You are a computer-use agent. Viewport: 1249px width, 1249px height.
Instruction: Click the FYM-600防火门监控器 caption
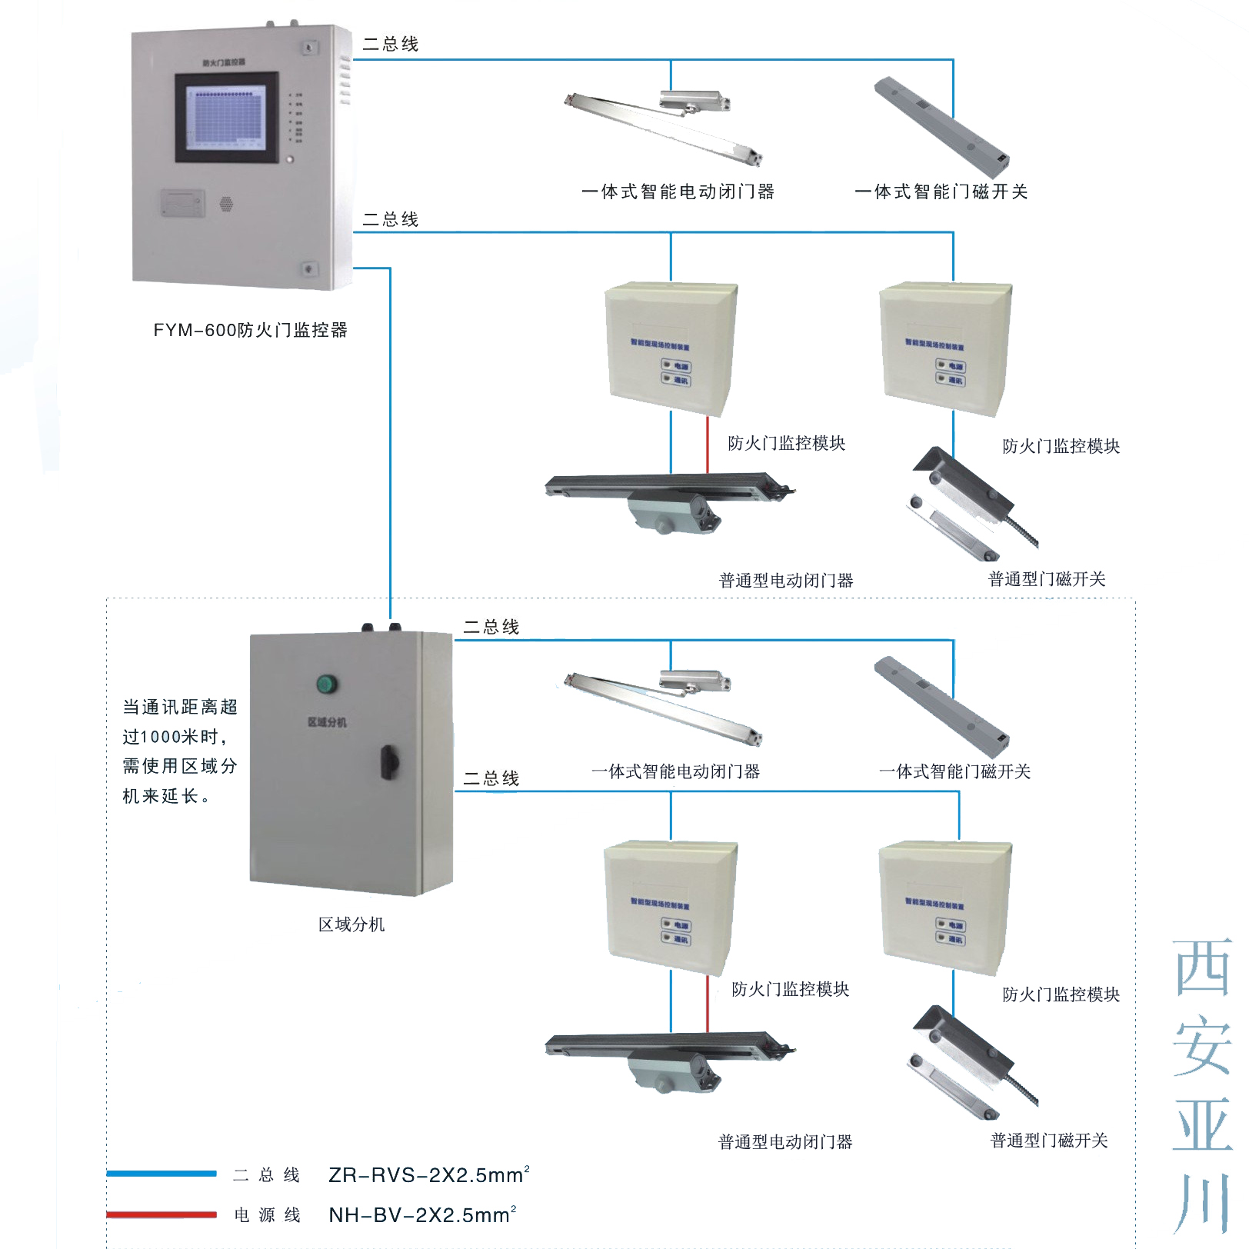click(x=250, y=330)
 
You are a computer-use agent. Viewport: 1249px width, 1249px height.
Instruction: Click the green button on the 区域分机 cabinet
click(x=327, y=683)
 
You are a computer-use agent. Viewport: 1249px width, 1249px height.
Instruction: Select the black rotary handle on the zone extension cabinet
click(x=389, y=761)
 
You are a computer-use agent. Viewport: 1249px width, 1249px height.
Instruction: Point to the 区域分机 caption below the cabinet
click(x=351, y=924)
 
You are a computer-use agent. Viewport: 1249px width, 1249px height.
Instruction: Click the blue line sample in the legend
click(x=162, y=1174)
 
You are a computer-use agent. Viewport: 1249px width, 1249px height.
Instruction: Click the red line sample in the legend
click(x=162, y=1214)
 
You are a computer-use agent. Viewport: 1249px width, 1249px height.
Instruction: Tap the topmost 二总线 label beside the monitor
click(x=391, y=45)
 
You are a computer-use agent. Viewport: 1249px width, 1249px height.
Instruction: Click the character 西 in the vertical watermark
click(x=1202, y=968)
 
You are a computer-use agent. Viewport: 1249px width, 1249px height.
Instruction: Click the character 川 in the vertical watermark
click(x=1202, y=1203)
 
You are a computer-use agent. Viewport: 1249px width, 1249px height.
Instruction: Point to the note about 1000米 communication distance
click(x=180, y=751)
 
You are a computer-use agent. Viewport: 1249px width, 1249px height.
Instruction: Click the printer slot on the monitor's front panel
click(x=183, y=203)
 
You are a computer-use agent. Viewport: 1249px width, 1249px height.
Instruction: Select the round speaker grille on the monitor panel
click(x=226, y=204)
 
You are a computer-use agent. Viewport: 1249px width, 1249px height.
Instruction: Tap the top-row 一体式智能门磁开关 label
click(x=941, y=192)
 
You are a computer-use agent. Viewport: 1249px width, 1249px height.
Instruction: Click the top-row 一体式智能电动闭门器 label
click(x=678, y=192)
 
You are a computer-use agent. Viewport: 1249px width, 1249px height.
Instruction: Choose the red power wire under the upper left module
click(x=708, y=445)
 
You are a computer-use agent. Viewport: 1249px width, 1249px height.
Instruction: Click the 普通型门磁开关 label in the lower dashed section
click(x=1049, y=1141)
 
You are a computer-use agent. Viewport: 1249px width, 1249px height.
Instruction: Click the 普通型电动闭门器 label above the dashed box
click(x=786, y=581)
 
